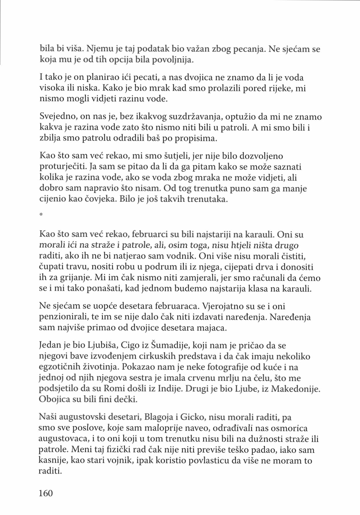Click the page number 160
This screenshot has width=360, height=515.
46,493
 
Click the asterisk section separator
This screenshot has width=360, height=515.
41,214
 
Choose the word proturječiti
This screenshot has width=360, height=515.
63,167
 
